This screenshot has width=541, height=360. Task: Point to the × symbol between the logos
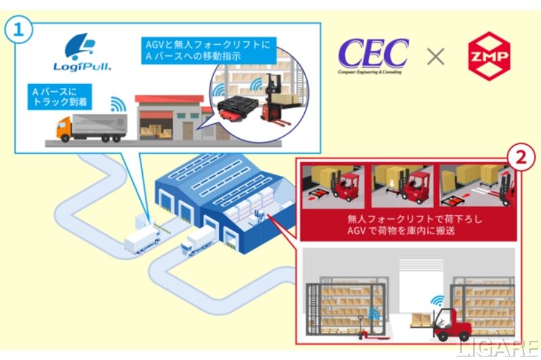pos(436,57)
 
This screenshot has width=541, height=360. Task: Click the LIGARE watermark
pos(499,348)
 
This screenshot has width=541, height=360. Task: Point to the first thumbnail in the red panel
pos(333,185)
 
